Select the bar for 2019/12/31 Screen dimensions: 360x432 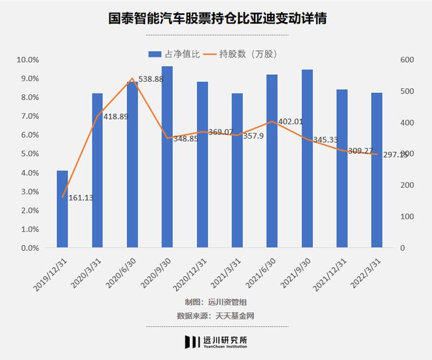point(62,209)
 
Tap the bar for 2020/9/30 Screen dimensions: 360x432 point(167,157)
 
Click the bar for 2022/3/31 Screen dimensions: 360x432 point(376,170)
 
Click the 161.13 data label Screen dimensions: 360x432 point(81,198)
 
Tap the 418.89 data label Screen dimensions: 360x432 point(116,117)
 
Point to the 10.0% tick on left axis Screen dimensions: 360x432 point(28,60)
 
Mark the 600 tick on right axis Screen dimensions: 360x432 point(407,60)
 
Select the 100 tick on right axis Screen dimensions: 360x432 point(407,217)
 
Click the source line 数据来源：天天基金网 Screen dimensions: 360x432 point(215,315)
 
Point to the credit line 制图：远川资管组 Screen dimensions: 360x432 point(215,302)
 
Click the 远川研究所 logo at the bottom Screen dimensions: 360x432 point(216,342)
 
